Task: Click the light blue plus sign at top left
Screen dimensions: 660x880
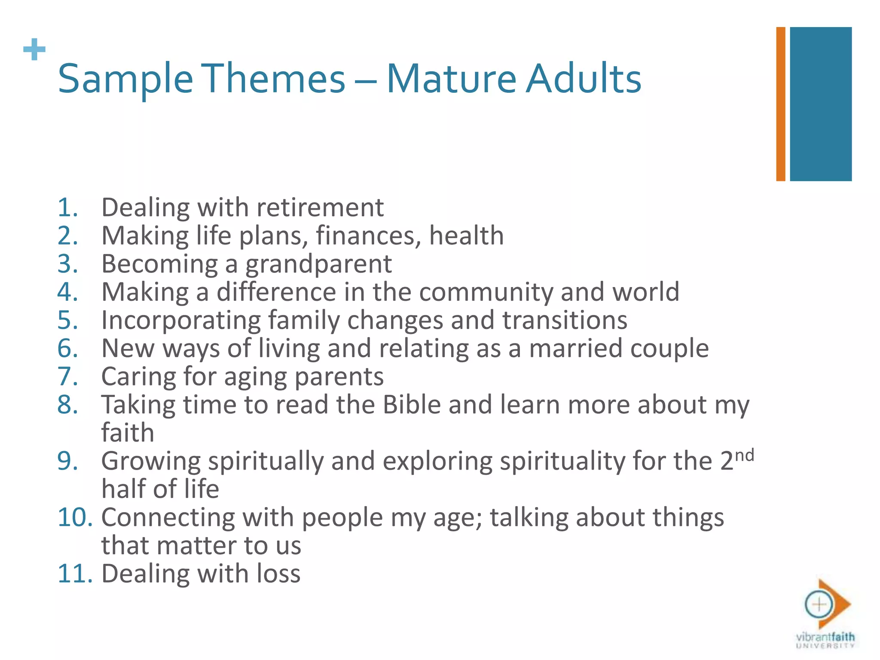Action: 34,50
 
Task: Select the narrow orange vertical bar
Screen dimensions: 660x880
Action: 780,104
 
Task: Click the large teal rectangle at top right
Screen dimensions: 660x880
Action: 820,104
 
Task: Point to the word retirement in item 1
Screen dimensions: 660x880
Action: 320,208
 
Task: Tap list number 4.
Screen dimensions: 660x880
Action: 67,292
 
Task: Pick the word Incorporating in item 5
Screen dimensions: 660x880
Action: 180,321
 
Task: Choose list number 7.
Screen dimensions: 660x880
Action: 67,377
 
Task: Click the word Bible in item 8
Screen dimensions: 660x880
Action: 411,405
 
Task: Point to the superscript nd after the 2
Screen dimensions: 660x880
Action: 744,455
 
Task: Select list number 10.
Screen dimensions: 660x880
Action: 75,517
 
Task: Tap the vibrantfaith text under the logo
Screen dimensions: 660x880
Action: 825,636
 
